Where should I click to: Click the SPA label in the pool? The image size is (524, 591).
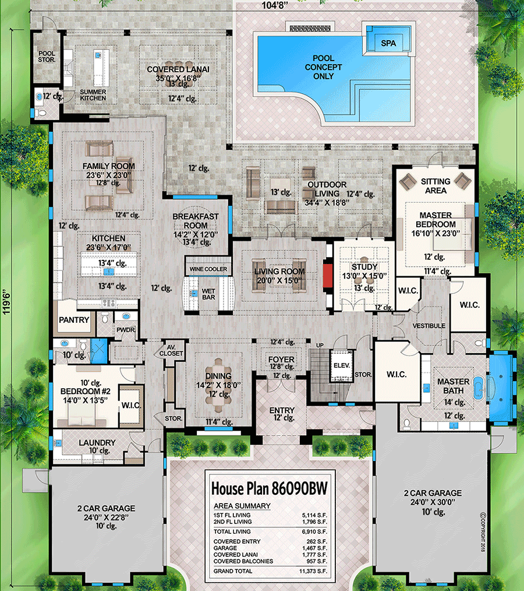click(x=388, y=43)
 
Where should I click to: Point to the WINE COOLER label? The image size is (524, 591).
click(x=208, y=269)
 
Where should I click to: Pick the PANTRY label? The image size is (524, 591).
click(x=74, y=320)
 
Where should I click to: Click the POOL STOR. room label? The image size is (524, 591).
click(x=43, y=57)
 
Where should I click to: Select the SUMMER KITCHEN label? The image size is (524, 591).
click(x=93, y=94)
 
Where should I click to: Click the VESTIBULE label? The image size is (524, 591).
click(x=429, y=326)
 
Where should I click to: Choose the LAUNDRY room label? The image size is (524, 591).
click(x=97, y=443)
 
